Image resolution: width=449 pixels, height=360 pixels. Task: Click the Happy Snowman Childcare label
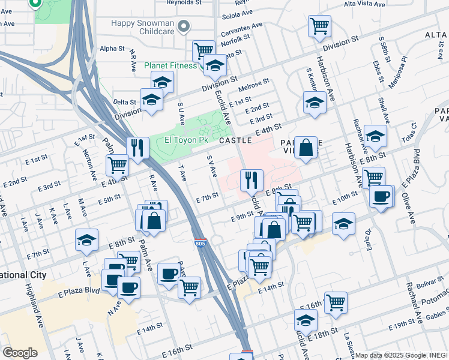pyautogui.click(x=143, y=24)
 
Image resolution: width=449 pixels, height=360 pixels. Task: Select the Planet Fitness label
pyautogui.click(x=171, y=65)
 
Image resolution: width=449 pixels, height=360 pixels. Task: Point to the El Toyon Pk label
pyautogui.click(x=186, y=140)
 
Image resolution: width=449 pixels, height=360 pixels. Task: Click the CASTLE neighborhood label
pyautogui.click(x=235, y=140)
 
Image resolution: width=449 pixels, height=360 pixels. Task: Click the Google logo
pyautogui.click(x=20, y=352)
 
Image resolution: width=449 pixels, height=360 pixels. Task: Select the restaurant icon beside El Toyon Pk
pyautogui.click(x=138, y=148)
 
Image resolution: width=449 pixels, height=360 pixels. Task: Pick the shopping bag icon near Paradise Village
pyautogui.click(x=306, y=147)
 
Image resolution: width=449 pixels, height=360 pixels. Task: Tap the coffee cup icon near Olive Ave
pyautogui.click(x=381, y=196)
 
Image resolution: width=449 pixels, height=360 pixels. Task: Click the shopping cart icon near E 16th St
pyautogui.click(x=336, y=302)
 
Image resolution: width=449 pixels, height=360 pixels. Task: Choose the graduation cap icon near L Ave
pyautogui.click(x=87, y=241)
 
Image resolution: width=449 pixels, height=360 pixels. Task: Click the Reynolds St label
pyautogui.click(x=184, y=3)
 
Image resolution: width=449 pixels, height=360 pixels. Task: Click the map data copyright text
pyautogui.click(x=402, y=355)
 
